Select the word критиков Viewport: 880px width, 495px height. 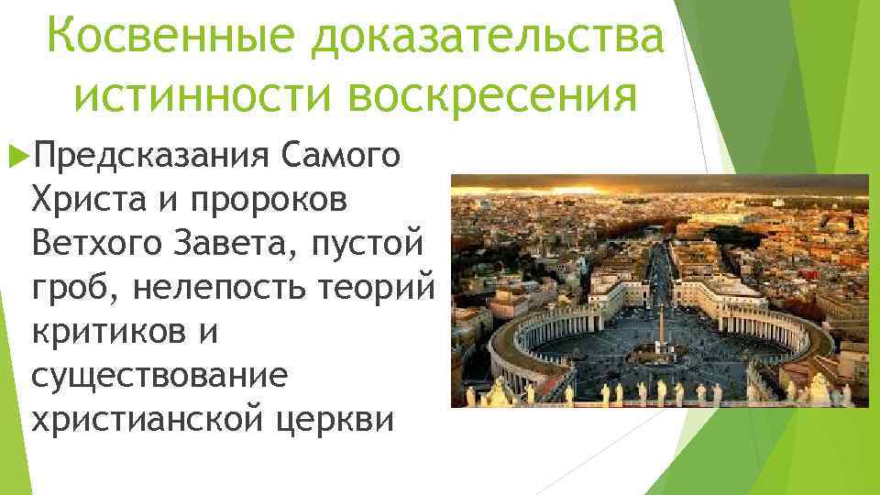tap(111, 331)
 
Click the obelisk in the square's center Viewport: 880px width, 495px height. tap(661, 326)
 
